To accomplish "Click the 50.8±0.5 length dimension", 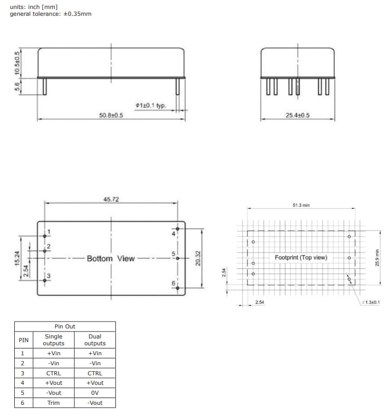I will click(x=111, y=115).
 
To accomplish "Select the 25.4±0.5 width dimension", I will click(x=297, y=115).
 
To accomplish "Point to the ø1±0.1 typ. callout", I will click(x=151, y=105).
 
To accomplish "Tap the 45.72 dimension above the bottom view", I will click(x=111, y=199).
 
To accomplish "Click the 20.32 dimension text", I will click(x=198, y=258).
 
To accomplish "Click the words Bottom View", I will click(x=111, y=258).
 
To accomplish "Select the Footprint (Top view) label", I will click(x=301, y=257).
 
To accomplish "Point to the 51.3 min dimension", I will click(x=300, y=205).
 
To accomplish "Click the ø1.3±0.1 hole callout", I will click(x=372, y=302).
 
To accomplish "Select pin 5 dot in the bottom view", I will click(x=178, y=258).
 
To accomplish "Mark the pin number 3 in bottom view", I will click(x=48, y=276).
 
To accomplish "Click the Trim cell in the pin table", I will click(x=53, y=403).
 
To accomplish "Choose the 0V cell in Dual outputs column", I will click(x=95, y=393).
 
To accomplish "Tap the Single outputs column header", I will click(x=53, y=340).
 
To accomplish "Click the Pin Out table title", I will click(x=65, y=326).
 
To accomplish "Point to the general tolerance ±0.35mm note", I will click(x=50, y=14).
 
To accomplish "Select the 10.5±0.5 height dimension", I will click(x=17, y=63).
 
